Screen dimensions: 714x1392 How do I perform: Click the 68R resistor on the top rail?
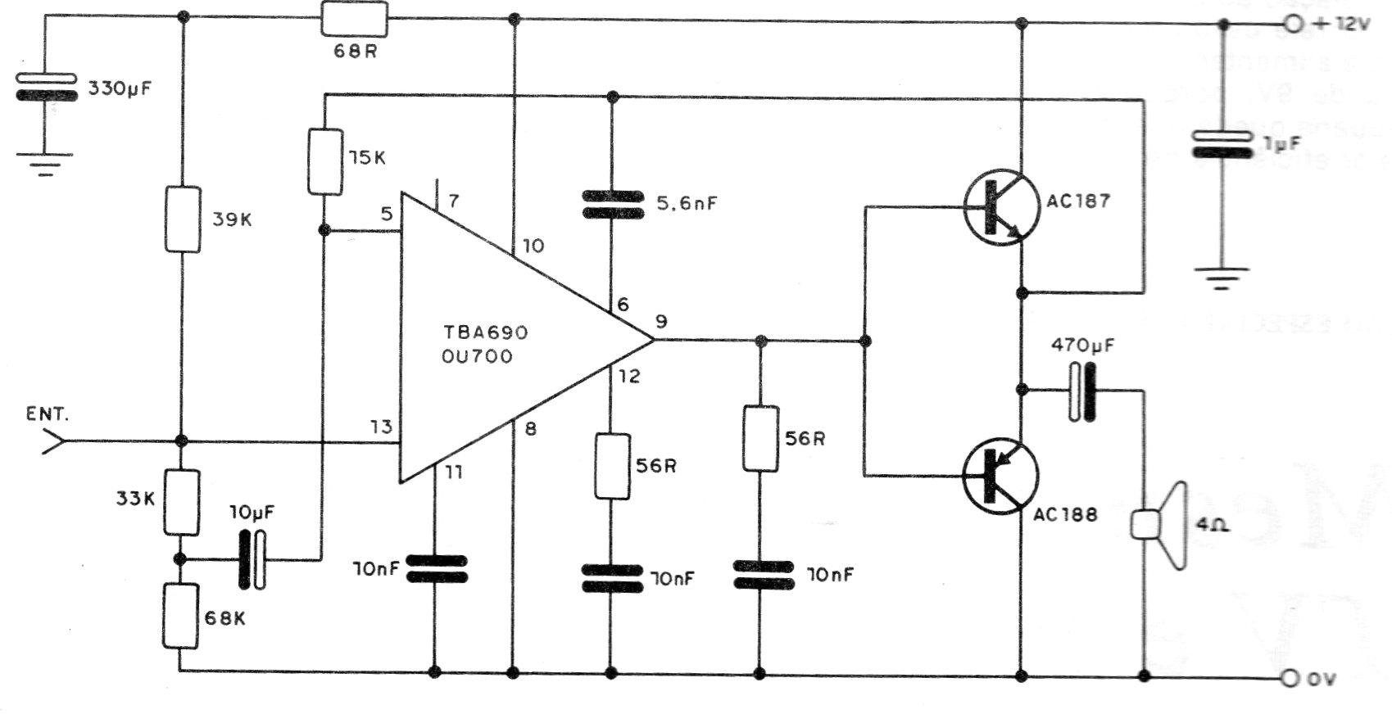(354, 18)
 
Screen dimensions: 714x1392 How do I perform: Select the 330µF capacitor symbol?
(47, 87)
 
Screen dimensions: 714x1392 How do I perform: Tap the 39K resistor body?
(182, 219)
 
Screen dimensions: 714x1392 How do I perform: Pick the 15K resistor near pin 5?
(325, 161)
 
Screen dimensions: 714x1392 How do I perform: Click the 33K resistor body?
(182, 501)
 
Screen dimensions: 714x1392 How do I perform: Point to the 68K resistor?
(180, 616)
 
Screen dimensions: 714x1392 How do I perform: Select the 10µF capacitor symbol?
(252, 559)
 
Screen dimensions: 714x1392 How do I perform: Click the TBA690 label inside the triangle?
(486, 333)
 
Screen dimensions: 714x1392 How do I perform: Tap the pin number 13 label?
(381, 427)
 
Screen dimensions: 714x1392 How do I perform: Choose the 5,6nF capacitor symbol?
(612, 204)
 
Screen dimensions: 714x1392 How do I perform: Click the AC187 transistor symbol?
(1000, 207)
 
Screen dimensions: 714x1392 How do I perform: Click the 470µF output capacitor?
(1082, 391)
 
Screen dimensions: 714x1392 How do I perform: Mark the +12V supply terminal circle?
(1294, 25)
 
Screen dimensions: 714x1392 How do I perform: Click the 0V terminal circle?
(1292, 678)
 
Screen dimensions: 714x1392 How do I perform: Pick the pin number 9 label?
(661, 322)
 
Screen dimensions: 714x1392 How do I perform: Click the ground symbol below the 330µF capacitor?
(44, 164)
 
